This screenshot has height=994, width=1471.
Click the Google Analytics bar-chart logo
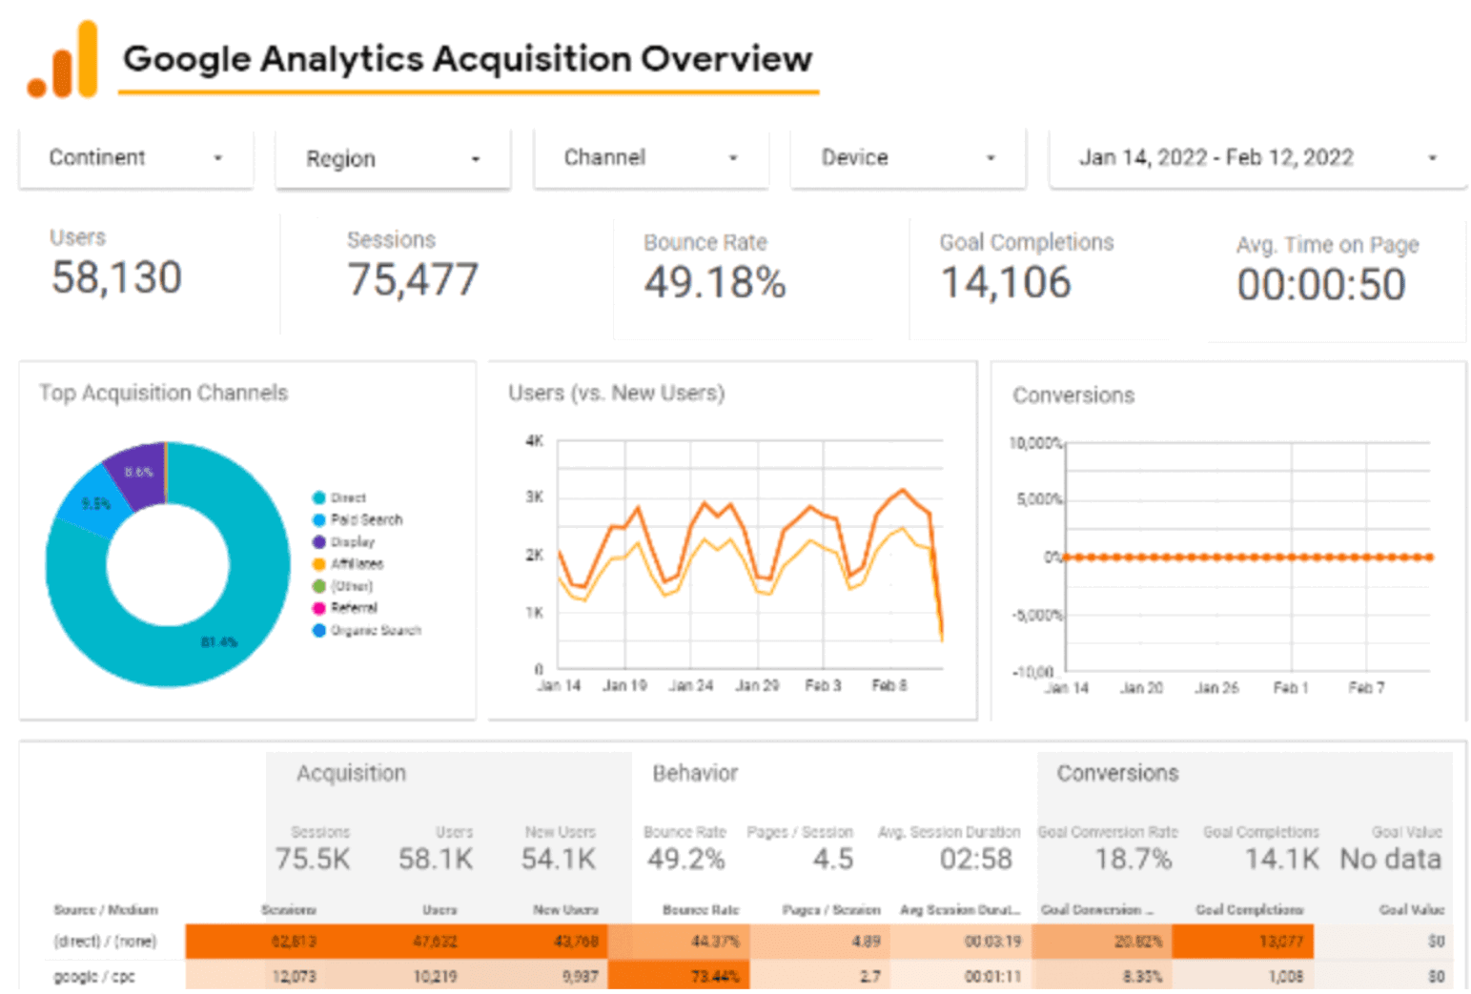coord(64,62)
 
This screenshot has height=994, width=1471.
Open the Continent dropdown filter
coord(135,158)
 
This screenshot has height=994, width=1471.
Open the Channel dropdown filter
coord(650,158)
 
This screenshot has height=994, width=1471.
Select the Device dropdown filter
coord(908,158)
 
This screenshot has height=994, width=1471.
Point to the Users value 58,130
coord(116,278)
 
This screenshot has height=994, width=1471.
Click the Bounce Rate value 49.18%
coord(715,282)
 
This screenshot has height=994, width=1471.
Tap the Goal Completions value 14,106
coord(1006,283)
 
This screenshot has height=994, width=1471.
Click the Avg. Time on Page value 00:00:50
coord(1321,285)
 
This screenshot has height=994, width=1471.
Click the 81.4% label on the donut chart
coord(219,642)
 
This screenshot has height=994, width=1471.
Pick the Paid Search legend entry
coord(365,519)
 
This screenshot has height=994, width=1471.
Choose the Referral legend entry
coord(353,608)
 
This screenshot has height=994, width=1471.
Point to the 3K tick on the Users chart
coord(535,497)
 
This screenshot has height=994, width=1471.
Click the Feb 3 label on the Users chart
coord(823,685)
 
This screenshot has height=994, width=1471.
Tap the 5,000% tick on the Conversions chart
coord(1038,499)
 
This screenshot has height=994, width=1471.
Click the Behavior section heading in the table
coord(695,773)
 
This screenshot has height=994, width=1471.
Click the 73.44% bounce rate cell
coord(715,977)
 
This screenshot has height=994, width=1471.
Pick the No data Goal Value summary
coord(1390,860)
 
